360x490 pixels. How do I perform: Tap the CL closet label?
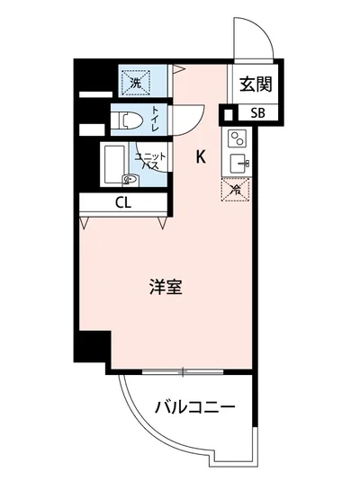point(123,202)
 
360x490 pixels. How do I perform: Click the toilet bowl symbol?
point(126,119)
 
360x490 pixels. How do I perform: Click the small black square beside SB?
point(229,113)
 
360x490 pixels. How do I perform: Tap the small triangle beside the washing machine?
point(178,68)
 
